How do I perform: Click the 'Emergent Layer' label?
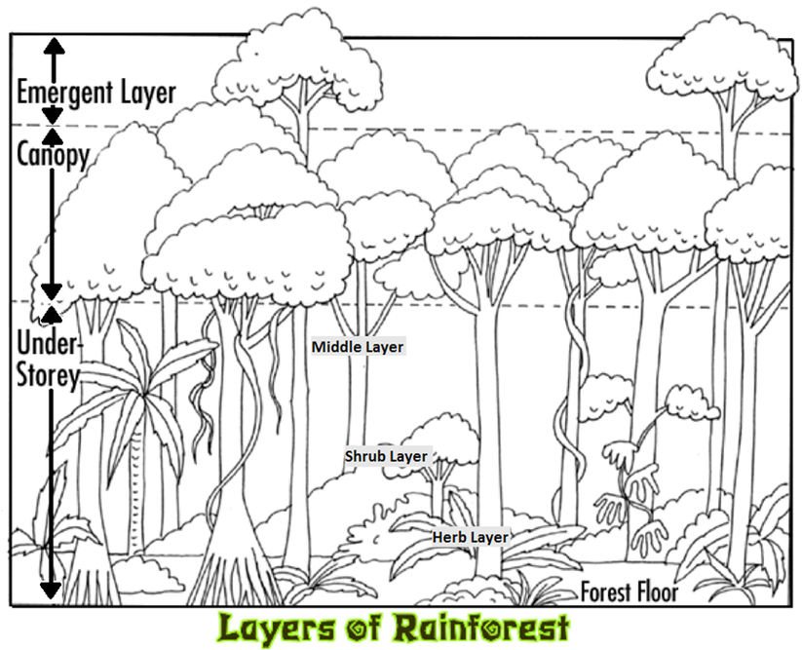tap(95, 92)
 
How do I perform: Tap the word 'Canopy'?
tap(53, 154)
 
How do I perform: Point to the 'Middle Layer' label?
tap(357, 346)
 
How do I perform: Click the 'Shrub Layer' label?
tap(386, 456)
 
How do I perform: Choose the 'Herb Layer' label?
tap(471, 537)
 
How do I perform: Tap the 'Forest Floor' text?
tap(629, 591)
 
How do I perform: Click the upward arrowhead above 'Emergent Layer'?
tap(53, 43)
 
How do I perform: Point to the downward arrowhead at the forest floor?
tap(50, 590)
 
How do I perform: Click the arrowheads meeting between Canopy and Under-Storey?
tap(52, 301)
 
